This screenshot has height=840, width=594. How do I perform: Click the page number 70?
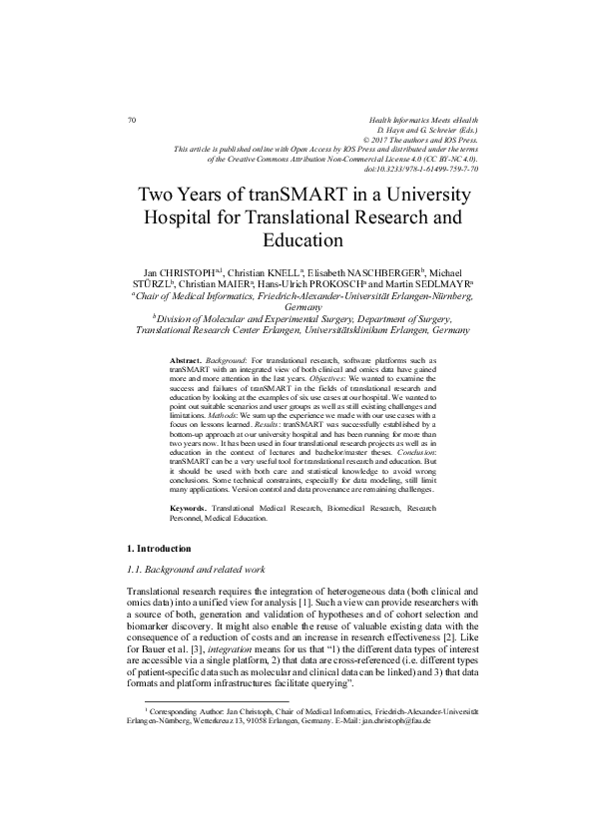tap(131, 120)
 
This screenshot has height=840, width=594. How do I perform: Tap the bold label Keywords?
tap(190, 508)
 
